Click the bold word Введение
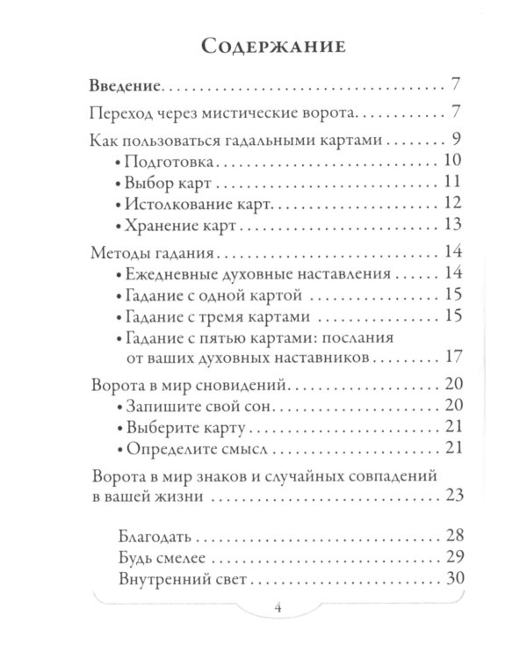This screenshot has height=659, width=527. point(126,88)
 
